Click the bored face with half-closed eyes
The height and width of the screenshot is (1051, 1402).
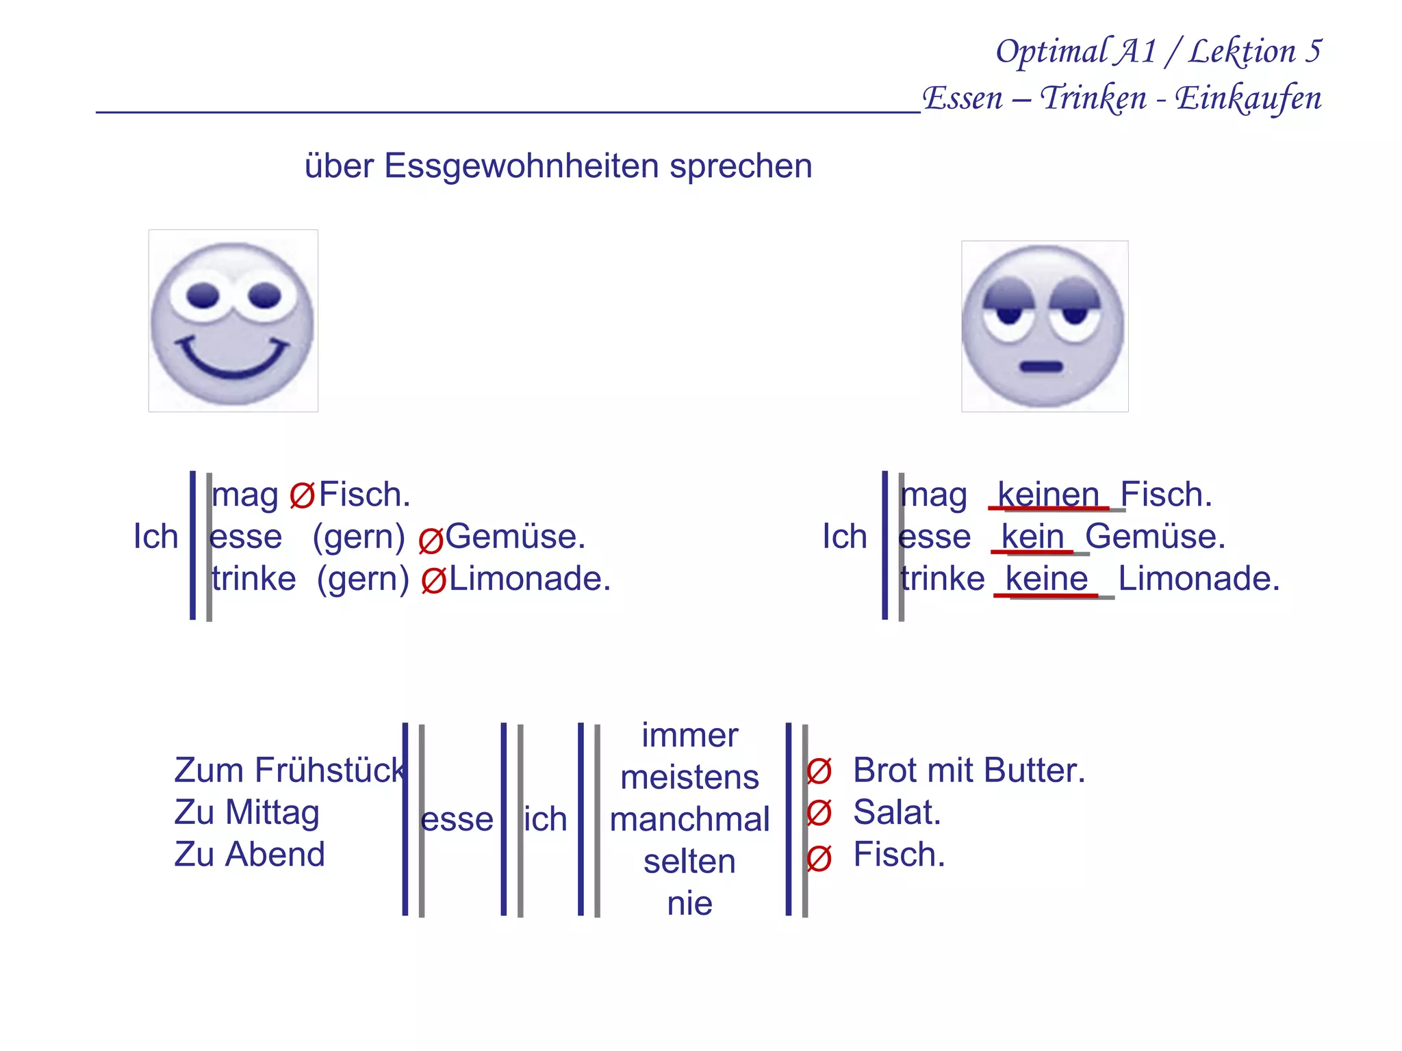tap(1044, 326)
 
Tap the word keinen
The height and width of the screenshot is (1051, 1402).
tap(1048, 494)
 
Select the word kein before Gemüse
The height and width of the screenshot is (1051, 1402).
tap(1032, 536)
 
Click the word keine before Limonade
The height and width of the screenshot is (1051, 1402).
tap(1047, 579)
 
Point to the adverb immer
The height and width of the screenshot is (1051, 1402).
tap(689, 736)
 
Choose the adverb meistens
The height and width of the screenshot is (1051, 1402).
tap(689, 777)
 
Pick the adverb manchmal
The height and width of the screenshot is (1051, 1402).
tap(689, 819)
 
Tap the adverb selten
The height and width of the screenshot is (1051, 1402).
tap(689, 861)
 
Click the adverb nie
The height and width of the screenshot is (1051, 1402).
tap(689, 903)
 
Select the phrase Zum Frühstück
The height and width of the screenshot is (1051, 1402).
tap(290, 770)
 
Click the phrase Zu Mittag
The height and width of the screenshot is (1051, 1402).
tap(246, 812)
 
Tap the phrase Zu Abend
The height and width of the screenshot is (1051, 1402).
tap(249, 855)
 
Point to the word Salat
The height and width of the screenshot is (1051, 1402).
tap(897, 812)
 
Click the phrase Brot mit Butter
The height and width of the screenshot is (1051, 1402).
tap(969, 770)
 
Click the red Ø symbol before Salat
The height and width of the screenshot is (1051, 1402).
tap(819, 813)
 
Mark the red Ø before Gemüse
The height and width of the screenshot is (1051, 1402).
tap(431, 541)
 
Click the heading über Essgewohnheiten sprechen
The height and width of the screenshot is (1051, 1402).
tap(558, 166)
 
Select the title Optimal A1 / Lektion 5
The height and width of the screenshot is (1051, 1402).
tap(1158, 51)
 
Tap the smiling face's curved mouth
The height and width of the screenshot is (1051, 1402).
tap(233, 363)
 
